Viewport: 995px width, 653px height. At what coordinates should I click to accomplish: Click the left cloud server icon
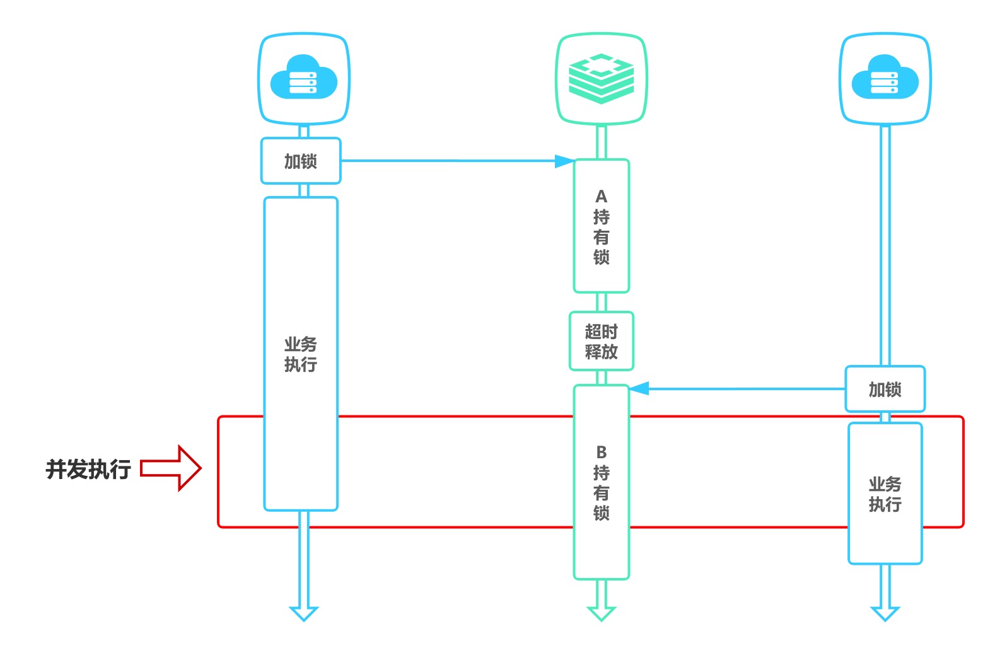[x=303, y=78]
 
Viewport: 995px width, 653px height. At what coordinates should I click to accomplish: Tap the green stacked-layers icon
[x=601, y=78]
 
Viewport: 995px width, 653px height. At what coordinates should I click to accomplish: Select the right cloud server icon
[x=885, y=78]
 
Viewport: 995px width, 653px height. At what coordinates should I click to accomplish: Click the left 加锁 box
[x=301, y=161]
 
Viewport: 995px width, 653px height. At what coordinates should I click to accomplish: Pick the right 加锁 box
[x=885, y=390]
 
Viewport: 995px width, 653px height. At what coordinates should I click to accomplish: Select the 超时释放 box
[x=601, y=341]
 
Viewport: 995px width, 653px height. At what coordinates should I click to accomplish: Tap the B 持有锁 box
[x=601, y=482]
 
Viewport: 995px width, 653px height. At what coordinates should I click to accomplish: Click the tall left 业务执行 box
[x=301, y=354]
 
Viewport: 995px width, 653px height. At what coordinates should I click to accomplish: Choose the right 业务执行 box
[x=885, y=494]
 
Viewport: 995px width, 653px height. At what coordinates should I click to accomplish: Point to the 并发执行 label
[x=88, y=469]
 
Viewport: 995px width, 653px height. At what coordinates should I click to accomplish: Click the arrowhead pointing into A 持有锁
[x=564, y=161]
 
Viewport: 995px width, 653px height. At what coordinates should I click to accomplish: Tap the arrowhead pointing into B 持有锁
[x=639, y=388]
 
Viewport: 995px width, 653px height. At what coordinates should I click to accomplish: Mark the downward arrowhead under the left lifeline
[x=304, y=613]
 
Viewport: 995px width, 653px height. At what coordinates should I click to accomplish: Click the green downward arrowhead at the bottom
[x=601, y=613]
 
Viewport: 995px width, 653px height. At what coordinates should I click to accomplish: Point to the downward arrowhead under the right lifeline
[x=885, y=613]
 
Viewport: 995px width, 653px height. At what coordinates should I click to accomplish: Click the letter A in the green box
[x=601, y=197]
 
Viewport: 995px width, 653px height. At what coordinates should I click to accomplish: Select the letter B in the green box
[x=601, y=453]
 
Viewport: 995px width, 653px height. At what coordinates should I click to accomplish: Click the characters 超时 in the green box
[x=601, y=332]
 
